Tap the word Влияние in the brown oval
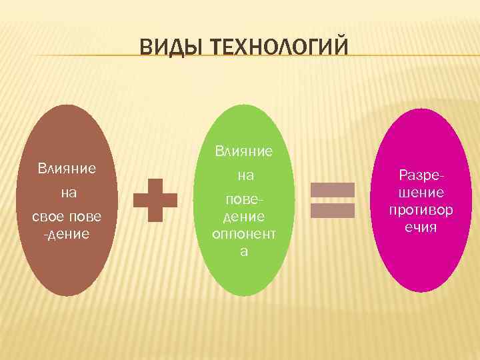coord(67,167)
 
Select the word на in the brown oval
coord(67,193)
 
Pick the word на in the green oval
coord(245,177)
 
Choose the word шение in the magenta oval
coord(421,193)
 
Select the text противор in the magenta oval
coord(421,210)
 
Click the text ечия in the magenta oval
coord(421,227)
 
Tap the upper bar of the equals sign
coord(331,190)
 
